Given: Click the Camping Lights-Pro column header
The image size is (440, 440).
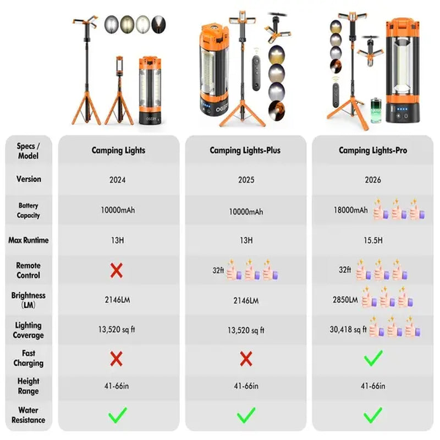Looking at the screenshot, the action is [373, 150].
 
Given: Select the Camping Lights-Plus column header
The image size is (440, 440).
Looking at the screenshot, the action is [245, 150].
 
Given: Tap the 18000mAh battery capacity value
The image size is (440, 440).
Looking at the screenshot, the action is [350, 210].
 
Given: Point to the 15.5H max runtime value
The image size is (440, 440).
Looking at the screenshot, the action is [373, 240].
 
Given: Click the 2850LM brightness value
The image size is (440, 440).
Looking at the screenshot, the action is [345, 300].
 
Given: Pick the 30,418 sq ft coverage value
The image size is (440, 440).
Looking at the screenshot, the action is [348, 329].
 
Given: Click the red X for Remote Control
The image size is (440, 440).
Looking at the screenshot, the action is [117, 271].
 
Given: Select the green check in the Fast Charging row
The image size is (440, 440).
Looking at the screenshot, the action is [373, 358].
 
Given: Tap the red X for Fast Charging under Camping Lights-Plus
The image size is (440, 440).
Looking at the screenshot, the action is [246, 359].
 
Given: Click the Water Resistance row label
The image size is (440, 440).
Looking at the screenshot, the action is [29, 415].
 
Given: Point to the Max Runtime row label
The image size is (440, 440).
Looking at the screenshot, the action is [29, 240].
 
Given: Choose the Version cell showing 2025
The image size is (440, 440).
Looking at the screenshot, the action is [246, 180].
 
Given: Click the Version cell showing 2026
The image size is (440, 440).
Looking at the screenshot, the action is [373, 180].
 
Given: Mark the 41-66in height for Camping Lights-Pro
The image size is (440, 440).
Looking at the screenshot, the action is [373, 386].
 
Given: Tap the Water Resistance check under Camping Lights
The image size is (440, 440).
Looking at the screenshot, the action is [118, 415].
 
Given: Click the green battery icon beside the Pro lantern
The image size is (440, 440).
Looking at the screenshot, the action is [376, 111].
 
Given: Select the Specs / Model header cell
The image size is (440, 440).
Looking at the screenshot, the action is [29, 151].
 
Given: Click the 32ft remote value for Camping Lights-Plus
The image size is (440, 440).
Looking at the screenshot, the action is [218, 270].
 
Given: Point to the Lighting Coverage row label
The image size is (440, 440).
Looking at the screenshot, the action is [29, 331].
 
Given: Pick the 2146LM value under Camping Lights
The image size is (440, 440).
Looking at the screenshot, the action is [117, 300].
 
